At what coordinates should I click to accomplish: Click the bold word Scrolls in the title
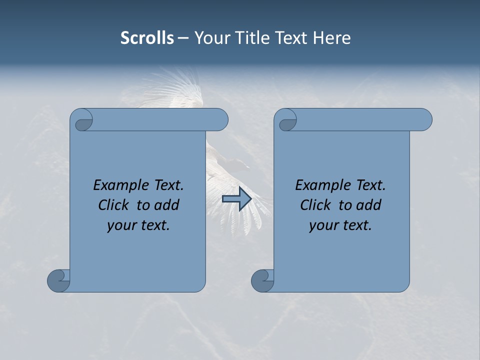coord(147,38)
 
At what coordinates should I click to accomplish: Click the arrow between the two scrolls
coord(236,199)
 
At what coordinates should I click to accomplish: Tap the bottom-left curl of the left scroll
coord(58,280)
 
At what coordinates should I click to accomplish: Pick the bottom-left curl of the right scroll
coord(262,280)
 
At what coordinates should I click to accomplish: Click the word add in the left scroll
coord(167,205)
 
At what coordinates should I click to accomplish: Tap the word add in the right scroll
coord(369,205)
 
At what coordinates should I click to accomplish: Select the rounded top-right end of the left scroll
coord(220,119)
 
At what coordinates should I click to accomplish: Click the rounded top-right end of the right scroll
coord(424,119)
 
